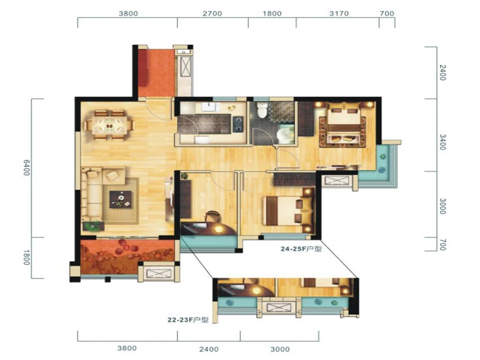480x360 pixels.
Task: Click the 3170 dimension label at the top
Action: (339, 13)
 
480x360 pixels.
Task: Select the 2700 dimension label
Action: (212, 13)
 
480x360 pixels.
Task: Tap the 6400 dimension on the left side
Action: (26, 167)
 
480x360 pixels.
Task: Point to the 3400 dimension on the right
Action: (443, 142)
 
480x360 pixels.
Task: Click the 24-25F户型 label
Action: (301, 249)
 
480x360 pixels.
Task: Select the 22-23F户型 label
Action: (188, 320)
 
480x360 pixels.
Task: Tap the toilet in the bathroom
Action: (262, 110)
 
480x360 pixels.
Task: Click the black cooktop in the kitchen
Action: (238, 124)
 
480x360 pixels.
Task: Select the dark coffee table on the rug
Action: (121, 199)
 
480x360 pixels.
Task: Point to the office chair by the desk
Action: (212, 217)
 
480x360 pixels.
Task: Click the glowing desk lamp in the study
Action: (218, 229)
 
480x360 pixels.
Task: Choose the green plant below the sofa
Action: (92, 227)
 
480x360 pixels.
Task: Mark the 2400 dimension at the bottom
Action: (209, 349)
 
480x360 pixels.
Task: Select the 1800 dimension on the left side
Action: (26, 257)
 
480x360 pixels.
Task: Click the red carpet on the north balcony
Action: (157, 73)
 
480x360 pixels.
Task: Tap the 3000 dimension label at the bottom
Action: (280, 349)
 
